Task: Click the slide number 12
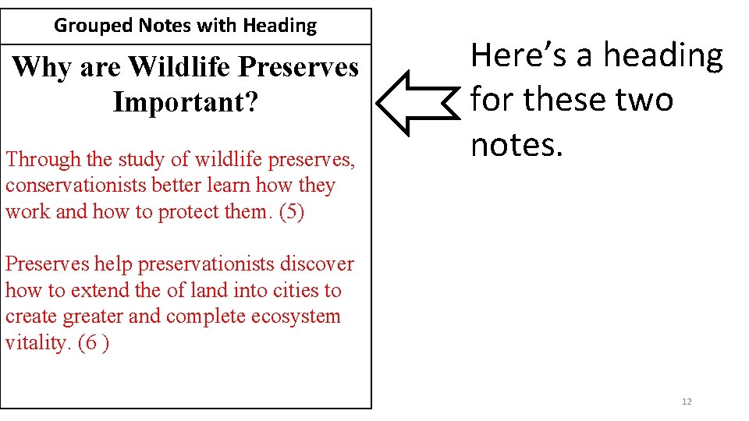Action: coord(687,402)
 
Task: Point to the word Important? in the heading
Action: coord(185,102)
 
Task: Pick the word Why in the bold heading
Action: coord(36,67)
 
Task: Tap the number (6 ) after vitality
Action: coord(94,343)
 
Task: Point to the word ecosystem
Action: coord(294,317)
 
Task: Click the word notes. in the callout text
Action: coord(516,144)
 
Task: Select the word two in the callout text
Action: coord(641,100)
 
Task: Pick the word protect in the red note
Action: coord(190,212)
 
